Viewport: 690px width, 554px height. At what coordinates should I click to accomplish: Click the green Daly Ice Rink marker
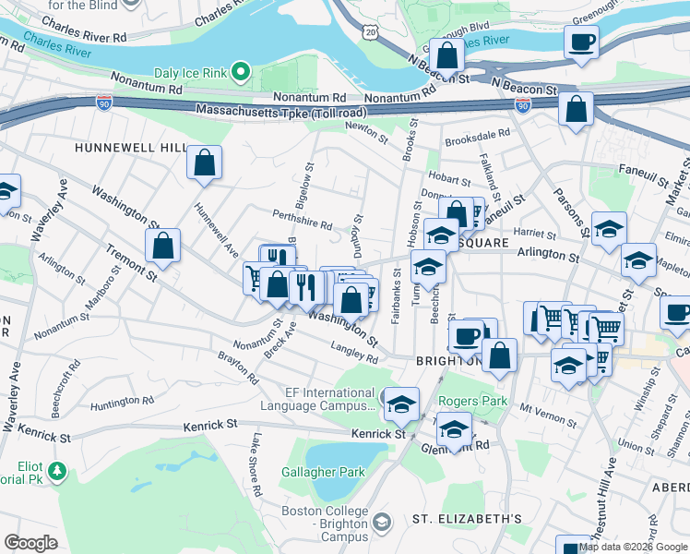tap(241, 71)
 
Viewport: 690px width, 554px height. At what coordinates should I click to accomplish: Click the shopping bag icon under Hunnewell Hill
tap(205, 163)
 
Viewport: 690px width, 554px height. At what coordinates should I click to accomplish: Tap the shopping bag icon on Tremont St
tap(162, 246)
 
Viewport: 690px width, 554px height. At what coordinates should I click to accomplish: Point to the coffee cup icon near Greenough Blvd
tap(581, 42)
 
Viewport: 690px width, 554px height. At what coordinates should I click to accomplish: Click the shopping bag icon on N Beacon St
tap(446, 55)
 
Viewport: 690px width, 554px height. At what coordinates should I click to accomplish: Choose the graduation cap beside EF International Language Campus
tap(401, 403)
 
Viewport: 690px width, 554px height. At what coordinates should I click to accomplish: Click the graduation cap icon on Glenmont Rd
tap(454, 428)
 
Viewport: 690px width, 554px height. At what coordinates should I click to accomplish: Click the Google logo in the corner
tap(30, 543)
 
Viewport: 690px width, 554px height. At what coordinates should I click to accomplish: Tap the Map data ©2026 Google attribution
tap(632, 547)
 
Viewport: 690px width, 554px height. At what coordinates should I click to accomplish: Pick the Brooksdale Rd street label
tap(478, 135)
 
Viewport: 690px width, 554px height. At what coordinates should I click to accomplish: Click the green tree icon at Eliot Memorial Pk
tap(57, 471)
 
